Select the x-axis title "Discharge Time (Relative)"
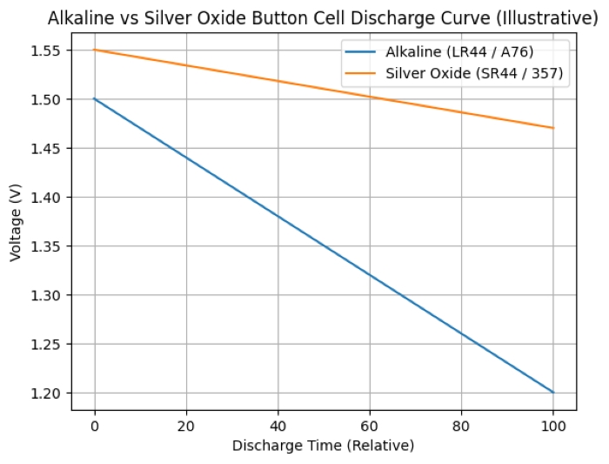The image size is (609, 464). point(323,446)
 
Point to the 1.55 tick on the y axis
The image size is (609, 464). point(44,50)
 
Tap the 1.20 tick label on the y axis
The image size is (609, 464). point(44,393)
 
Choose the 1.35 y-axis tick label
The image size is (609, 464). point(44,246)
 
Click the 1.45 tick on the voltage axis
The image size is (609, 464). point(44,149)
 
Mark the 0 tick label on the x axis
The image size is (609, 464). point(94,427)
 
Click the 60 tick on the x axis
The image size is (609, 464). point(370,427)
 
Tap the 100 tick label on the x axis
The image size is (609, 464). point(553,427)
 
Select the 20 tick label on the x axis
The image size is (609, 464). point(185,427)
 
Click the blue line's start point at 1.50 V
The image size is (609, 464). point(94,98)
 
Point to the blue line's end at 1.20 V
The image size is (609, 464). point(553,393)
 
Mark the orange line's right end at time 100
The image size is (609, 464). point(553,128)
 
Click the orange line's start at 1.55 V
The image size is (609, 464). point(94,50)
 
